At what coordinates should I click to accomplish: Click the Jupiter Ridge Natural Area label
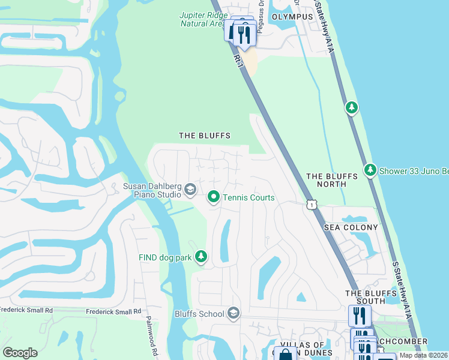pos(202,19)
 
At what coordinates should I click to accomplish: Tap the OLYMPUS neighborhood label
pos(292,17)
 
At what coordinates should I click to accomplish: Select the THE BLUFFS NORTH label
pos(332,180)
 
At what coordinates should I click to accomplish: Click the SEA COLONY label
pos(351,228)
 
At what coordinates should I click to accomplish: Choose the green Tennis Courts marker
pos(213,197)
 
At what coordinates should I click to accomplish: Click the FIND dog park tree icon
pos(201,257)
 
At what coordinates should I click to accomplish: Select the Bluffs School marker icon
pos(234,313)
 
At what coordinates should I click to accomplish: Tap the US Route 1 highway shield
pos(311,205)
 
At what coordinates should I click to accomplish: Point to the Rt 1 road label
pos(238,59)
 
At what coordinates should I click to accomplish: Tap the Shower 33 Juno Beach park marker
pos(370,170)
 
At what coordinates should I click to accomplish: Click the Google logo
pos(20,353)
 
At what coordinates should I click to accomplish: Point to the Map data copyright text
pos(423,355)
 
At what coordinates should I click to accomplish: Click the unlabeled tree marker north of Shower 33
pos(351,107)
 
